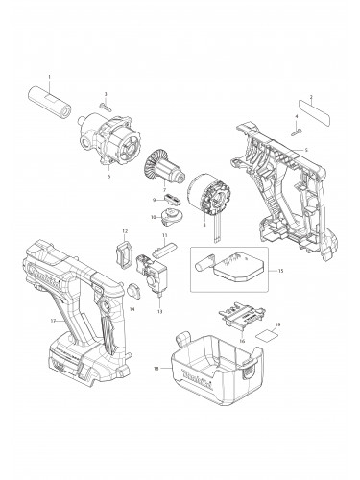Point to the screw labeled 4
(x=298, y=130)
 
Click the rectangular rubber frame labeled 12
(x=122, y=253)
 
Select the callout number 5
(x=306, y=151)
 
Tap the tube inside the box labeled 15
(x=207, y=260)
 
